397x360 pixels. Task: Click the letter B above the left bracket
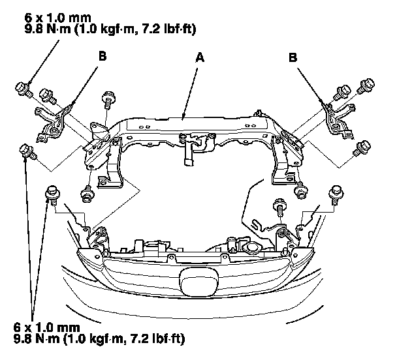click(x=102, y=57)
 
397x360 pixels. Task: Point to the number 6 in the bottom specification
click(x=16, y=327)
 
